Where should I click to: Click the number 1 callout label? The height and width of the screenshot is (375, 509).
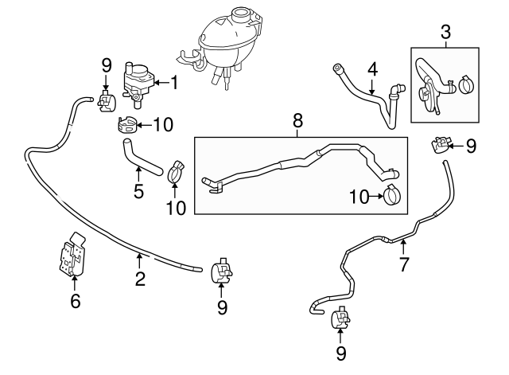175,81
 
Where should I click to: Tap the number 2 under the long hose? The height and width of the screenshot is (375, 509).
139,279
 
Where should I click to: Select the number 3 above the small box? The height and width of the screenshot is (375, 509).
445,33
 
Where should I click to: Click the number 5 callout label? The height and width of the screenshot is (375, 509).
138,191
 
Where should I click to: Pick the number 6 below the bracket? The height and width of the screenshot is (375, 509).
76,301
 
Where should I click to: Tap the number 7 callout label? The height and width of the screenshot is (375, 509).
404,264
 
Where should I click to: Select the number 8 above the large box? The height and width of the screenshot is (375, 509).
297,121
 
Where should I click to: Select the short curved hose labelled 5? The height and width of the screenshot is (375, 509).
142,157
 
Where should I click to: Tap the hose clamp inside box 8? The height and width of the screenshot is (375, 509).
393,195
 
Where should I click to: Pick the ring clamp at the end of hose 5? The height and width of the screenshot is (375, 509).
176,170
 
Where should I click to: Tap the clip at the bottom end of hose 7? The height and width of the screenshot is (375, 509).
340,319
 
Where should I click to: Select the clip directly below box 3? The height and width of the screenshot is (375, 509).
439,146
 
